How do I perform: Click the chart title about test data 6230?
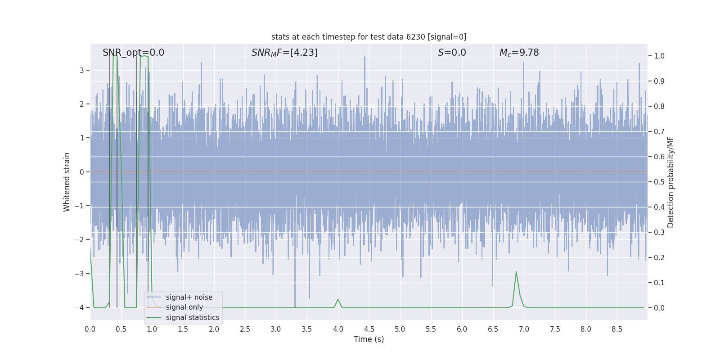click(x=369, y=37)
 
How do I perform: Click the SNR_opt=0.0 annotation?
click(x=133, y=53)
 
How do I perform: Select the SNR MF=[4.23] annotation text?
click(x=284, y=53)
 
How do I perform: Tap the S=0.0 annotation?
click(x=452, y=53)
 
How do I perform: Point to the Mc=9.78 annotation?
click(x=519, y=53)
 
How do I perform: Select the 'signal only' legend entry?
click(x=184, y=307)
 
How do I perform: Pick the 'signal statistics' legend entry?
click(x=192, y=318)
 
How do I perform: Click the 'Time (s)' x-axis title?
click(x=369, y=339)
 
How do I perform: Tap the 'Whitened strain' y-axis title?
click(x=67, y=182)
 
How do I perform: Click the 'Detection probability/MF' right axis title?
click(x=670, y=182)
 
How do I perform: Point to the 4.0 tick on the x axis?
click(x=338, y=329)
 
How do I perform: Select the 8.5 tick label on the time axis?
click(x=616, y=329)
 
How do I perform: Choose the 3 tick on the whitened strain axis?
click(x=82, y=70)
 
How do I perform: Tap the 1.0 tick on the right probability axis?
click(x=659, y=56)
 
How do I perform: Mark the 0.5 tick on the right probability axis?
click(x=659, y=182)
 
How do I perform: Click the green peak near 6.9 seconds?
click(x=516, y=272)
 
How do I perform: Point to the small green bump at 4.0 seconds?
click(x=338, y=299)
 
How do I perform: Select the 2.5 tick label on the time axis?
click(x=245, y=329)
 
